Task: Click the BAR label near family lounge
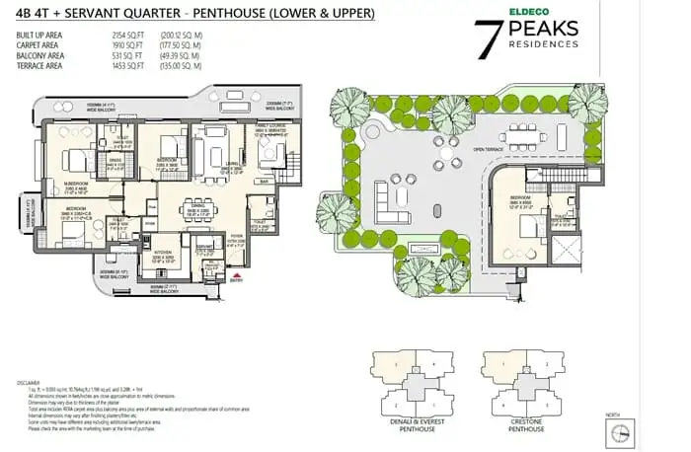(x=263, y=181)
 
